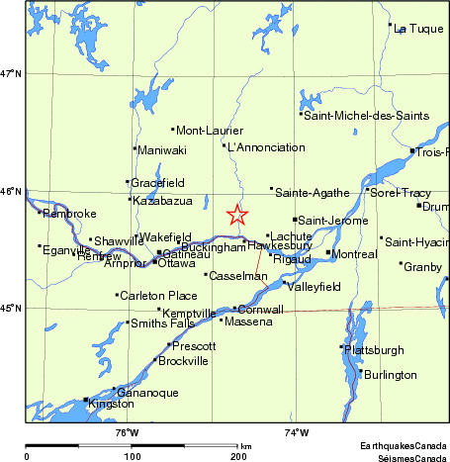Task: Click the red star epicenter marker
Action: [237, 215]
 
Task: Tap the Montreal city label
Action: [357, 254]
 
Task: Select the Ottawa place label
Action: [177, 263]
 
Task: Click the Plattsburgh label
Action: [376, 350]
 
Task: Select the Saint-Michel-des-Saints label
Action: [367, 116]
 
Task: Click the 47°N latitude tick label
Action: [12, 73]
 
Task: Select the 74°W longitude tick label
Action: [297, 431]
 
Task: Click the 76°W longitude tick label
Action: [127, 431]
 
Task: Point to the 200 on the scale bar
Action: [237, 456]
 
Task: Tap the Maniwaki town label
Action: [162, 150]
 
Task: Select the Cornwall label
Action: [261, 310]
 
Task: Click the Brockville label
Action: [183, 361]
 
